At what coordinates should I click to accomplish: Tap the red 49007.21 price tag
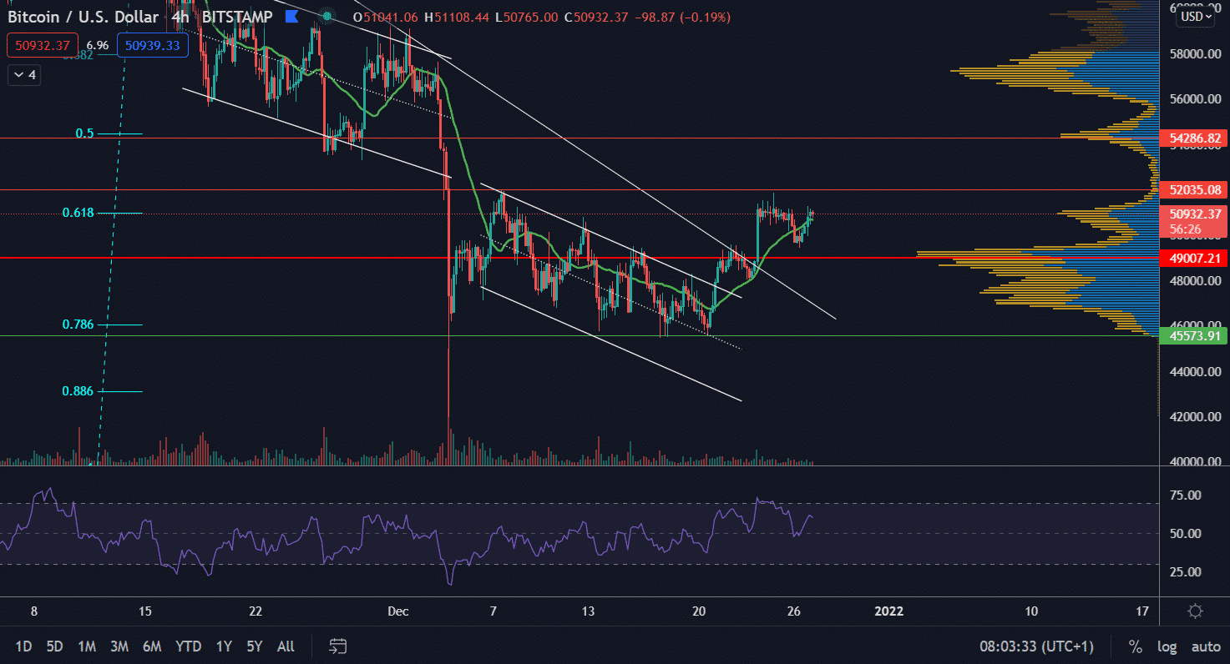coord(1193,259)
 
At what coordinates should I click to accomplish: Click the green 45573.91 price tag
coord(1193,336)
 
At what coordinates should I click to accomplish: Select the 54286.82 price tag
coord(1193,138)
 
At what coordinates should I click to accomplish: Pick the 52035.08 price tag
coord(1193,190)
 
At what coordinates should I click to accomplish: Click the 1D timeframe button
coord(24,646)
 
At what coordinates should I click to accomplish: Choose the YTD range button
coord(188,646)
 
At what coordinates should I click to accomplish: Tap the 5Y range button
coord(254,646)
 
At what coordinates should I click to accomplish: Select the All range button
coord(286,646)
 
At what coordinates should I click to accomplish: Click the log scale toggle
coord(1167,646)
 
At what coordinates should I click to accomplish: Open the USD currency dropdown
coord(1193,16)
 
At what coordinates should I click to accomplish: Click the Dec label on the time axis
coord(398,611)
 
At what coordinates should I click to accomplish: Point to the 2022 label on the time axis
coord(888,611)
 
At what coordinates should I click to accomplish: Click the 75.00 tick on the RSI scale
coord(1186,495)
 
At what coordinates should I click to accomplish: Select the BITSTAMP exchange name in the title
coord(236,17)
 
